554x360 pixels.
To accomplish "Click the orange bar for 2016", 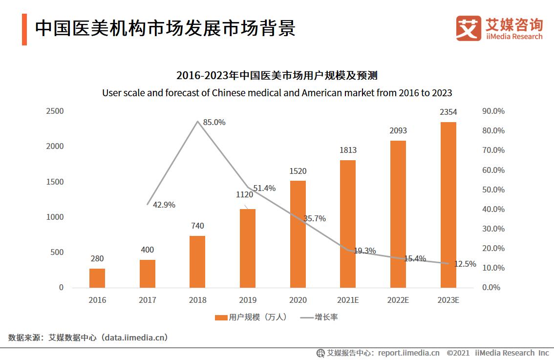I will (x=97, y=278).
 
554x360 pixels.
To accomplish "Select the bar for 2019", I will (x=247, y=248).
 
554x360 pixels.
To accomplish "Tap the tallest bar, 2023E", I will (x=448, y=205).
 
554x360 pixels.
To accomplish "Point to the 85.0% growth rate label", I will (x=214, y=123).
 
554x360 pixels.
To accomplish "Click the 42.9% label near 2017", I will (x=164, y=205).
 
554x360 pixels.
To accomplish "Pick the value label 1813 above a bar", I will (x=348, y=150).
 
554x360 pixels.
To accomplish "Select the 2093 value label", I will (x=398, y=130).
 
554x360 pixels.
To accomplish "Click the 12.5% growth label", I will (x=465, y=264).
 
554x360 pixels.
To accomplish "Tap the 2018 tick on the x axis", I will (x=197, y=300).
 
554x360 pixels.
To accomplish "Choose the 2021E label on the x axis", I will (x=348, y=300).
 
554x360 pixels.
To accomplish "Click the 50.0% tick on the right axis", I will (x=493, y=190).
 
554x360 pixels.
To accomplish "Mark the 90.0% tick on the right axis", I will (x=493, y=111).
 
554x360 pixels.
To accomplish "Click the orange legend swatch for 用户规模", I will (x=221, y=318).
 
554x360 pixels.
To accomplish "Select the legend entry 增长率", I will (x=326, y=318).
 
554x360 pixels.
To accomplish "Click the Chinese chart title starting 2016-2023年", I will (x=277, y=76).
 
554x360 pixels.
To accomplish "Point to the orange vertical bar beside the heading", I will (x=24, y=29).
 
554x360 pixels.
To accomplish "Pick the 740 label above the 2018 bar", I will (x=197, y=226).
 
